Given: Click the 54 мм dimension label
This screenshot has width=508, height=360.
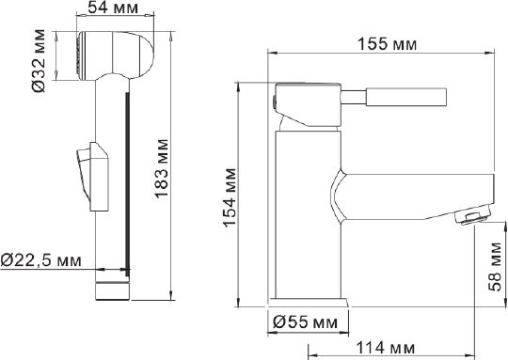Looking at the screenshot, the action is (113, 8).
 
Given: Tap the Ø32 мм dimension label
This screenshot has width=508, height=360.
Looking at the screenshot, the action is (39, 61).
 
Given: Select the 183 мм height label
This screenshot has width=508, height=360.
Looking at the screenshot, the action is (162, 168).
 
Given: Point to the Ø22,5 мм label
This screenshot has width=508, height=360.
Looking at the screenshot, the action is (41, 260).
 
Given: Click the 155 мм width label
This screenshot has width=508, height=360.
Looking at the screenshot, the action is (387, 44).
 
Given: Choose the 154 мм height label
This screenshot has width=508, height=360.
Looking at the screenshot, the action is (230, 197).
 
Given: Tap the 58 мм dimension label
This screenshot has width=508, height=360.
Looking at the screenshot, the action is (496, 266).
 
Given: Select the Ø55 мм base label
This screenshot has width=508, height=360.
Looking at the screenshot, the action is (305, 321).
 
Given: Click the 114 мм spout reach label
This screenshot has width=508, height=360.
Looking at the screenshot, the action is (385, 348).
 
